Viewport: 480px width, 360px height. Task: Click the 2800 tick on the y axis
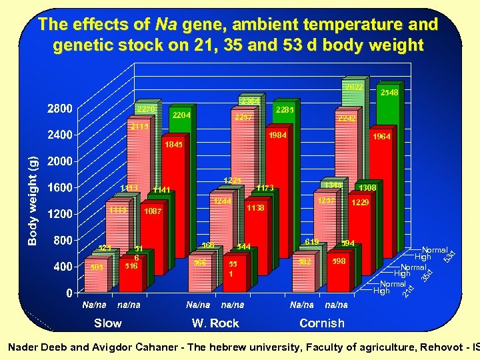point(59,109)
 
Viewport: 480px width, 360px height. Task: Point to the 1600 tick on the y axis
point(59,187)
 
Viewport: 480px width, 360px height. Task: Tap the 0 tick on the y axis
point(69,293)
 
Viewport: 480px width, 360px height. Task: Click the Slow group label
point(108,323)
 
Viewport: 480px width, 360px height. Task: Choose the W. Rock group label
point(215,323)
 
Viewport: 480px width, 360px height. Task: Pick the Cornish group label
point(322,323)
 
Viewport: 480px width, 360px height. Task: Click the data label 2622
point(353,87)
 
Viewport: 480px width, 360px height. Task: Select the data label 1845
point(174,143)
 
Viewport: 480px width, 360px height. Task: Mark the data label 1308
point(367,188)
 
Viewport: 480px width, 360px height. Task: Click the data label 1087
point(153,211)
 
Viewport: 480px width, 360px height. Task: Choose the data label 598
point(339,261)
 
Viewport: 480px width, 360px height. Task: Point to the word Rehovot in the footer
point(440,347)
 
